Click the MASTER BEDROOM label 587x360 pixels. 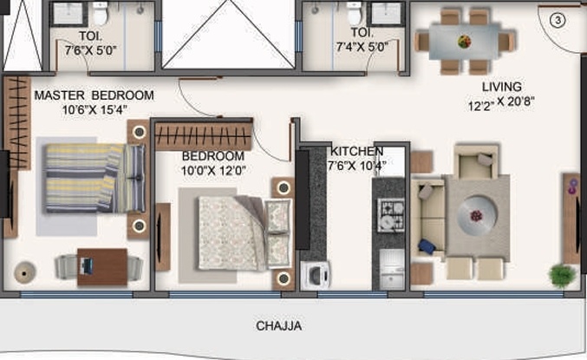94,95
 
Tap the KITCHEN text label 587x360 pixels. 355,151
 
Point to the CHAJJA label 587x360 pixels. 278,326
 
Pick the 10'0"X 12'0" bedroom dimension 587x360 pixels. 213,171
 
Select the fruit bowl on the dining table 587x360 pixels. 465,40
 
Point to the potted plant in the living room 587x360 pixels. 562,275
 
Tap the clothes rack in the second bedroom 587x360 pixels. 205,137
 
